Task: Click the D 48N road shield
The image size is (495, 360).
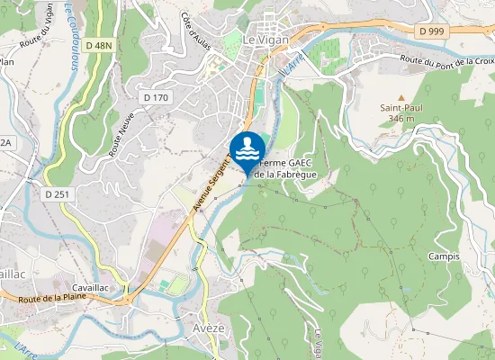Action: (x=98, y=46)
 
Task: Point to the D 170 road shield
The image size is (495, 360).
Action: (x=156, y=97)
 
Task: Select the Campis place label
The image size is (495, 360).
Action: (x=445, y=256)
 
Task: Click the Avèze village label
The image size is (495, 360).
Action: (x=208, y=329)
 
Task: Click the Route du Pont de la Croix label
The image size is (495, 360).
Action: (x=449, y=61)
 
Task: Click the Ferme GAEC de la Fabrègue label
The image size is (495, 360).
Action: (x=286, y=168)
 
